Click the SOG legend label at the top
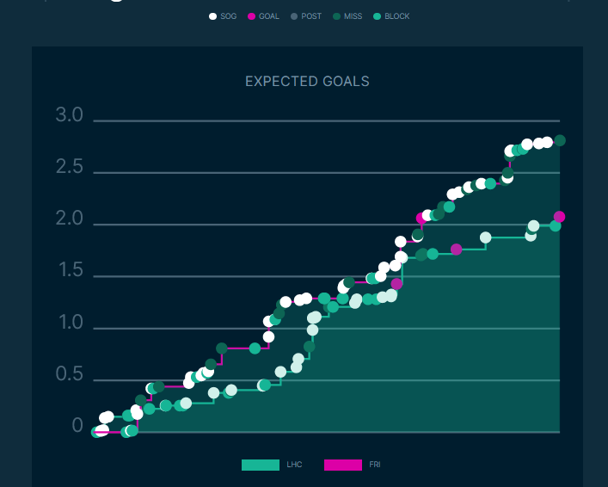pyautogui.click(x=228, y=16)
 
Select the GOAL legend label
pyautogui.click(x=268, y=16)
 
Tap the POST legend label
pyautogui.click(x=311, y=16)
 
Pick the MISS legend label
pyautogui.click(x=353, y=16)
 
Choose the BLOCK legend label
pyautogui.click(x=397, y=16)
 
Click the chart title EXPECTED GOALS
pyautogui.click(x=307, y=82)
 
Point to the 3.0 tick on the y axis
pyautogui.click(x=70, y=116)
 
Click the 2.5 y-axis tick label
pyautogui.click(x=70, y=168)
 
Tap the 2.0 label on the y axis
pyautogui.click(x=70, y=220)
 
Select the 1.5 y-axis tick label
pyautogui.click(x=70, y=272)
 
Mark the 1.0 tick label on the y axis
pyautogui.click(x=70, y=324)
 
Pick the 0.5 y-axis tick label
pyautogui.click(x=70, y=376)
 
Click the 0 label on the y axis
pyautogui.click(x=77, y=428)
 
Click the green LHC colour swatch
pyautogui.click(x=261, y=465)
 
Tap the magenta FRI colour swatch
pyautogui.click(x=343, y=465)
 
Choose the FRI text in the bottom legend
pyautogui.click(x=375, y=465)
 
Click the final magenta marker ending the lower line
pyautogui.click(x=559, y=217)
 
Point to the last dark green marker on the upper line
pyautogui.click(x=560, y=140)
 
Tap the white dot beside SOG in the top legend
pyautogui.click(x=212, y=16)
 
